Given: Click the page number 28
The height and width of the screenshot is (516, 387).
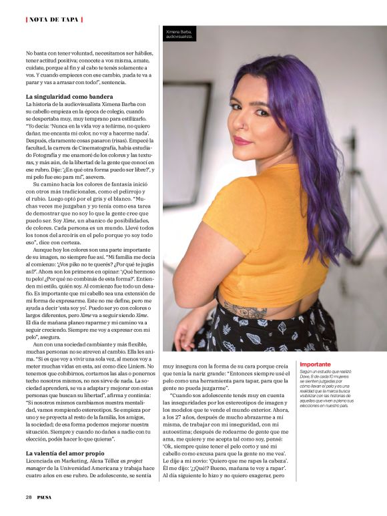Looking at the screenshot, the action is click(29, 497).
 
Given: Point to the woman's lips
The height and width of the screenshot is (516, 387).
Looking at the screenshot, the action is click(243, 140).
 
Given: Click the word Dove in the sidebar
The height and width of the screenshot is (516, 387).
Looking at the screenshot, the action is click(308, 378).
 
